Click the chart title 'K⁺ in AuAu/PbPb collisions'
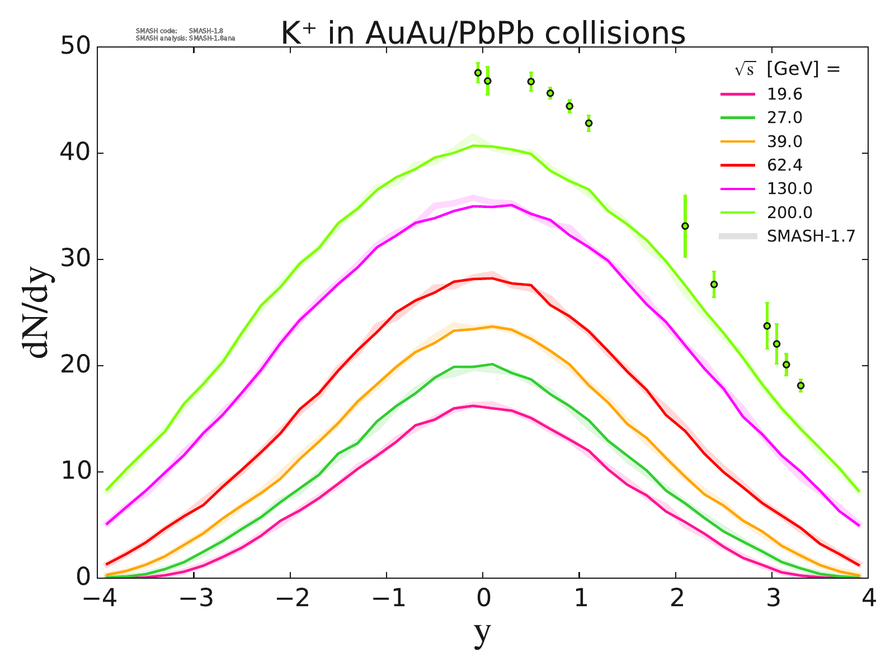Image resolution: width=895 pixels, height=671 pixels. (482, 34)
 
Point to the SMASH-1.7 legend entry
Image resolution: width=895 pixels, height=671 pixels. (811, 236)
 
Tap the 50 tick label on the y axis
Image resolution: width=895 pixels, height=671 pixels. (76, 47)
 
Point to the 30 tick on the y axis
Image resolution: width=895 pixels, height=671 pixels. (76, 259)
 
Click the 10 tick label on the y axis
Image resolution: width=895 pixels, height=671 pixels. (76, 472)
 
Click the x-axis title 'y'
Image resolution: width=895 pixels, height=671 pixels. (482, 634)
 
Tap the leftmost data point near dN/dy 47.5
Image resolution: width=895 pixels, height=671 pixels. (478, 73)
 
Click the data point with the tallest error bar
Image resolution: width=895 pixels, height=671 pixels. (685, 226)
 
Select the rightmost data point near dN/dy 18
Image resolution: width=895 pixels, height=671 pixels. (800, 385)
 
